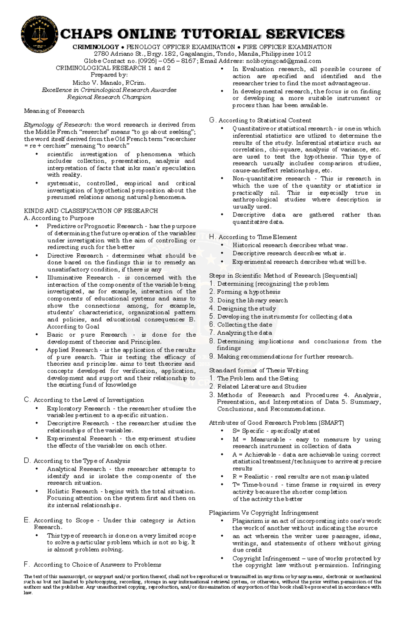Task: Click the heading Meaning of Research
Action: point(54,111)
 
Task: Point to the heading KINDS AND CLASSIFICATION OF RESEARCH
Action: point(91,211)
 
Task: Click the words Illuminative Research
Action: point(80,278)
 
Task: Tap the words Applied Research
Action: point(72,350)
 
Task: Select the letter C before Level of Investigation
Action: point(27,400)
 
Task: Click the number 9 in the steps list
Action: point(212,357)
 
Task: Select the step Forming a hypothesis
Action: point(249,292)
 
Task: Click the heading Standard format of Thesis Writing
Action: point(259,370)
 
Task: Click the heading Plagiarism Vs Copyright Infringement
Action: point(263,513)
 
